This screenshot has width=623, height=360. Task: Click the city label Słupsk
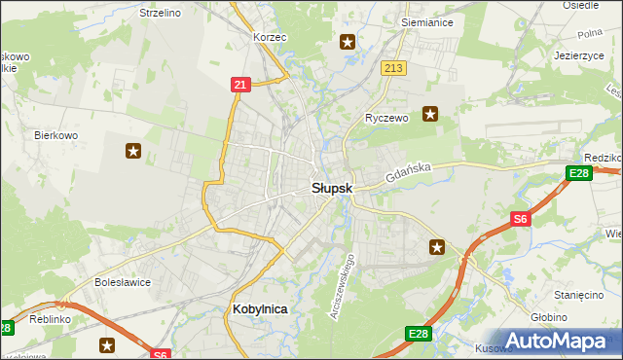[332, 187]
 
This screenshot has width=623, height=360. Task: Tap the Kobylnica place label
[260, 308]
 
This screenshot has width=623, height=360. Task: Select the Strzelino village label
[161, 13]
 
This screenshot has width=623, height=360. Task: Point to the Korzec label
[270, 37]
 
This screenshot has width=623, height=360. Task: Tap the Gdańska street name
[407, 174]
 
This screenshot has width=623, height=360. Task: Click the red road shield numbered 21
[240, 86]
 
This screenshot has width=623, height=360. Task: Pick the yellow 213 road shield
[393, 68]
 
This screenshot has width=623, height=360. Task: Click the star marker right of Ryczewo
[429, 115]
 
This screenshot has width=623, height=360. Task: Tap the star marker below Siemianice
[348, 42]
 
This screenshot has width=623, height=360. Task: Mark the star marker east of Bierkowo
[133, 151]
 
